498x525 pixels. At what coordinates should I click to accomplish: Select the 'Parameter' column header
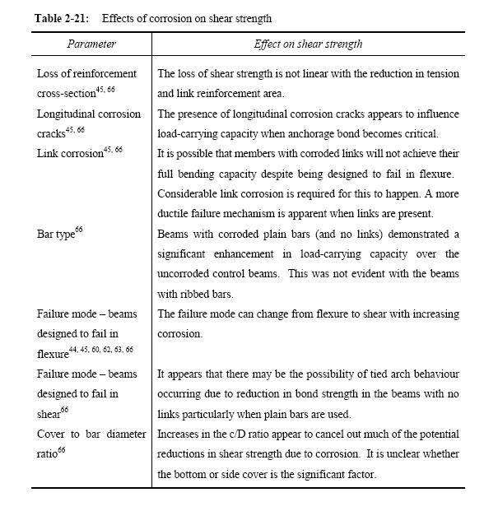click(91, 44)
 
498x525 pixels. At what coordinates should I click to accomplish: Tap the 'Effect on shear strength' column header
click(308, 44)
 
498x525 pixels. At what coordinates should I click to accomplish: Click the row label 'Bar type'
click(57, 235)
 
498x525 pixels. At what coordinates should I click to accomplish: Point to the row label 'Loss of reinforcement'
click(86, 74)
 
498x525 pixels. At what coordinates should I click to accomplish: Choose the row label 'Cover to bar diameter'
click(91, 434)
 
